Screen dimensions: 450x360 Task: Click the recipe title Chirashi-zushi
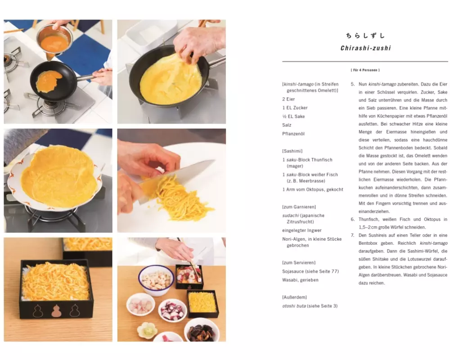point(365,48)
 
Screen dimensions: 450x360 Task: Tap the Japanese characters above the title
point(365,36)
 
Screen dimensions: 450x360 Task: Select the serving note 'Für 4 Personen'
point(365,70)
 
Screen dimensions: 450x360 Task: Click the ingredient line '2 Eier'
point(288,99)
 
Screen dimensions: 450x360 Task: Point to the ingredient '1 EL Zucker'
point(295,108)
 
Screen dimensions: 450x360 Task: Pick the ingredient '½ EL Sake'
point(293,116)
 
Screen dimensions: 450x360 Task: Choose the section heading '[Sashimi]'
point(292,151)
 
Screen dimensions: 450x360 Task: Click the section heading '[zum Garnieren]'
point(299,207)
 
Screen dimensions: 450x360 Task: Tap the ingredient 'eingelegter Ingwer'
point(301,230)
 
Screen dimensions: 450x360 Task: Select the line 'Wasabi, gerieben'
point(300,280)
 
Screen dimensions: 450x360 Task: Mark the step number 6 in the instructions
point(352,219)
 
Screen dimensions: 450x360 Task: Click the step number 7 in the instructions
point(352,235)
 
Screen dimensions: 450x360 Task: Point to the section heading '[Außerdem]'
point(294,297)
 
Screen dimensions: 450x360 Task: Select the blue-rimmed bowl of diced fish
point(156,280)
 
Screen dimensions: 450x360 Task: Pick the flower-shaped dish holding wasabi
point(147,330)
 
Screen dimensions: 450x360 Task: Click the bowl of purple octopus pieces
point(172,310)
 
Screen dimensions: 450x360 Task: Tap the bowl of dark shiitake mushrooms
point(202,331)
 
